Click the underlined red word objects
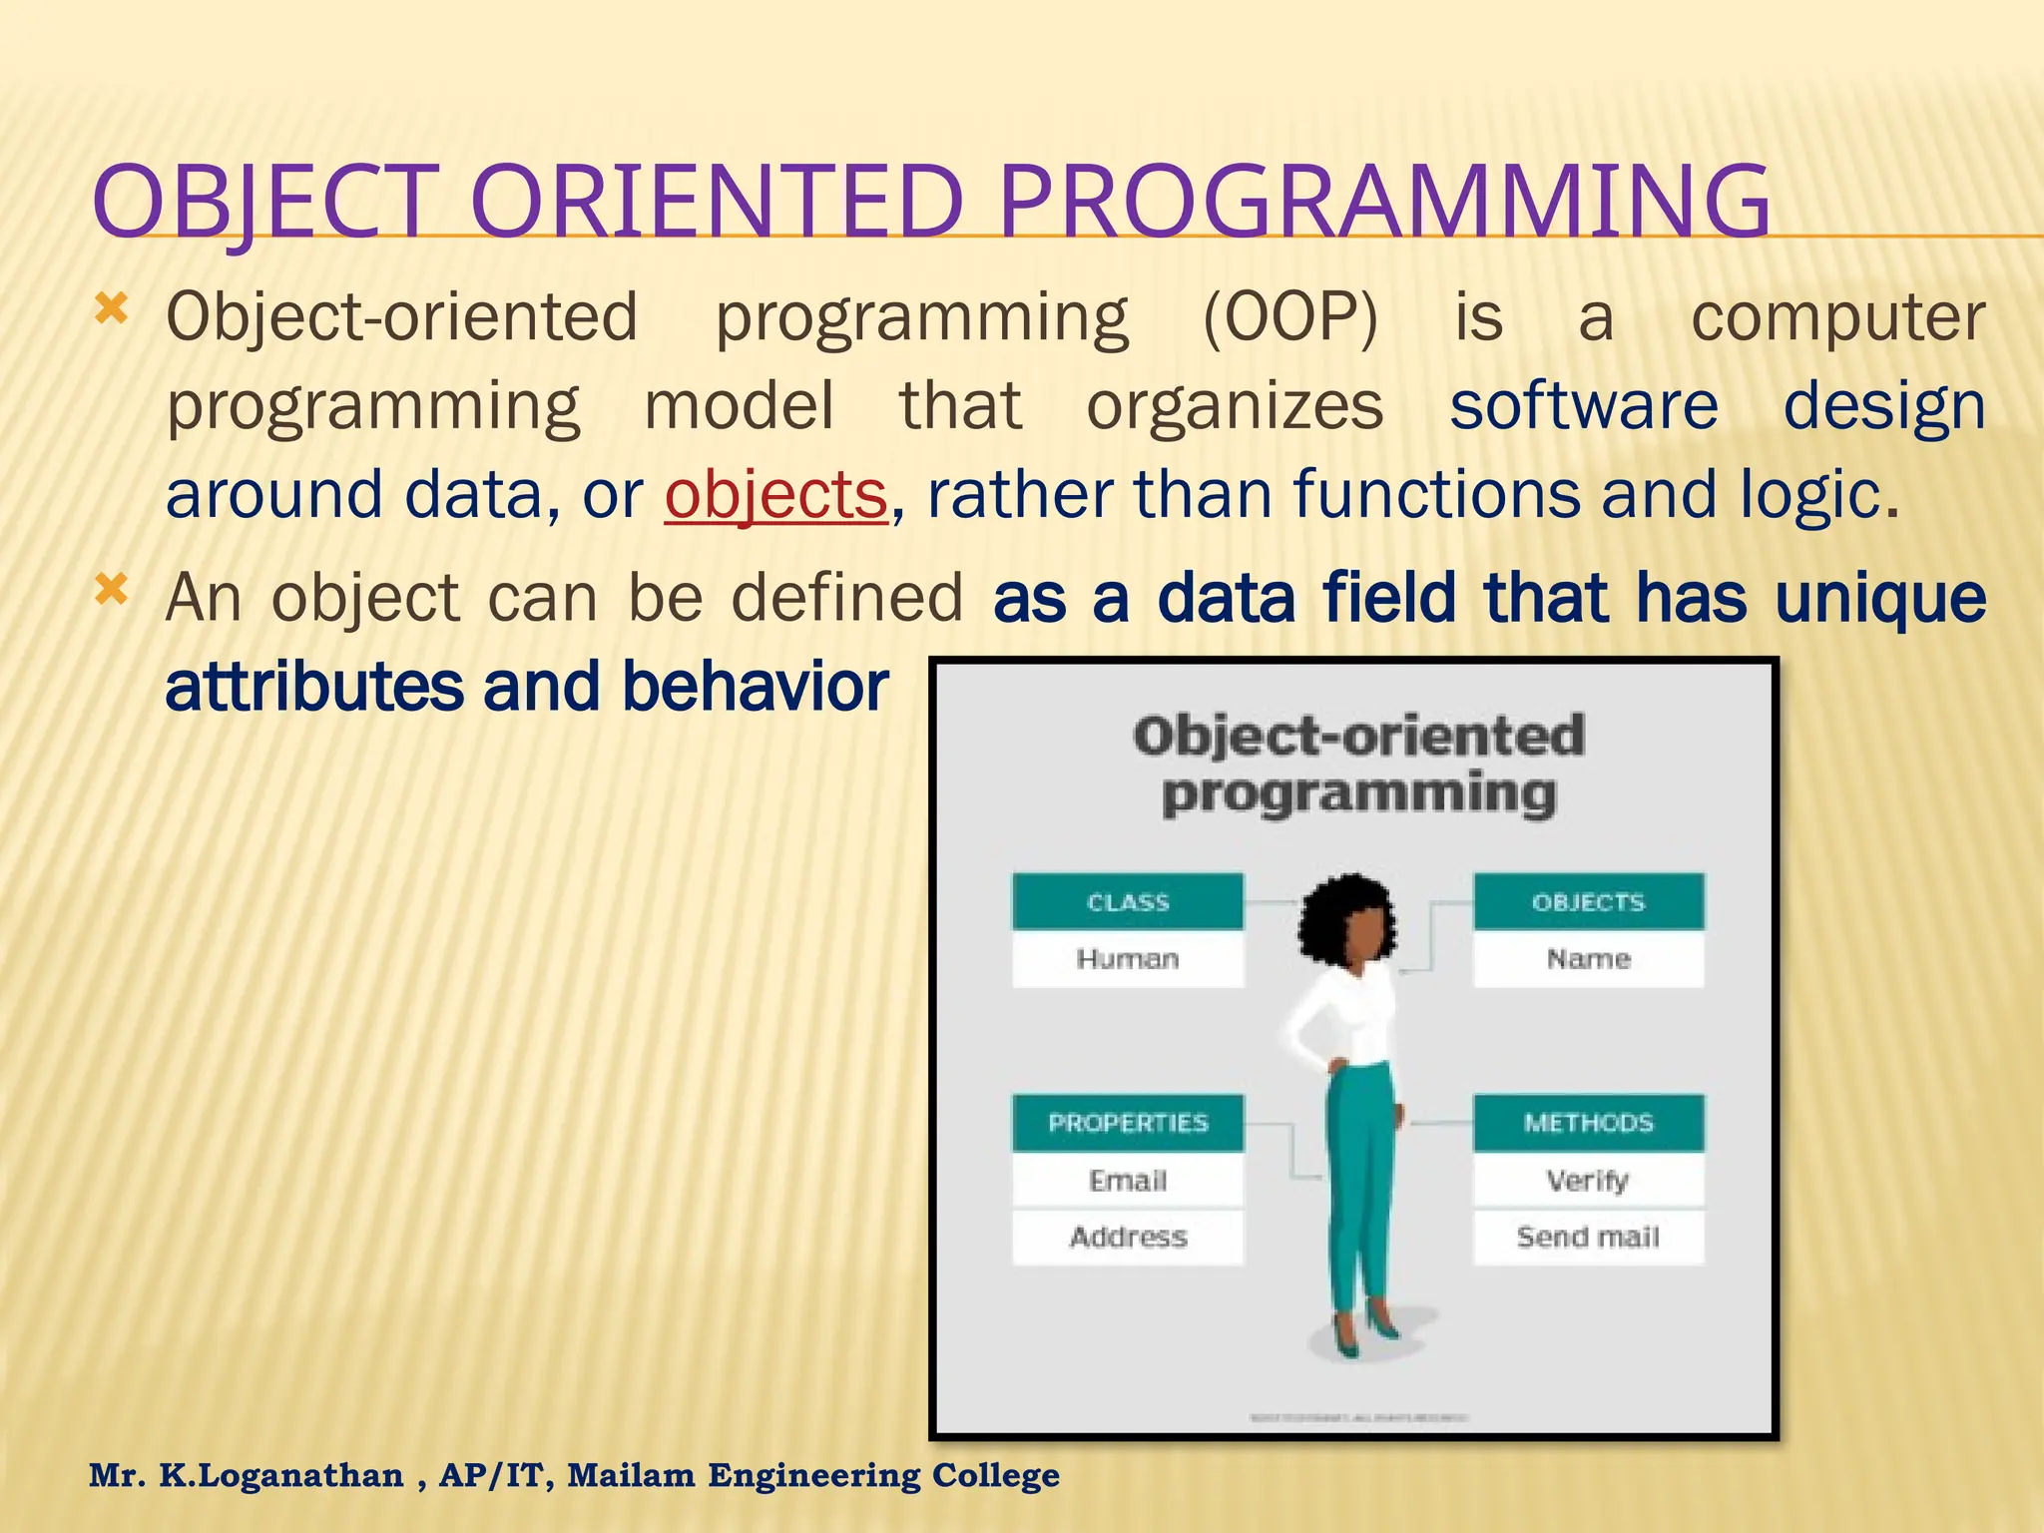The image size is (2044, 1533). click(775, 495)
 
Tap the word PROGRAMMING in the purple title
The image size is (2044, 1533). click(1383, 202)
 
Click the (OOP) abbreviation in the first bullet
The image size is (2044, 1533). click(1289, 317)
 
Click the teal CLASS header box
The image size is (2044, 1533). click(1128, 901)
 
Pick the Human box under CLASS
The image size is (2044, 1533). click(1128, 959)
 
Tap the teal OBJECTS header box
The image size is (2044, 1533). click(1588, 901)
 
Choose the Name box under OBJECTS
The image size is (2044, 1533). click(1588, 959)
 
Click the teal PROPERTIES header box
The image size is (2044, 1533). click(1128, 1123)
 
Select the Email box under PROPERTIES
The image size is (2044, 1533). click(1128, 1181)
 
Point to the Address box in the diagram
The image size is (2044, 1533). click(1128, 1238)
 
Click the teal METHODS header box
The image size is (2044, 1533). click(1588, 1123)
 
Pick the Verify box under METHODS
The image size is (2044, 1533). click(1588, 1181)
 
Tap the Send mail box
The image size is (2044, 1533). click(1588, 1238)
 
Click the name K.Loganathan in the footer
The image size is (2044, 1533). click(281, 1475)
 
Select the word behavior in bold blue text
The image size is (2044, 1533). click(755, 688)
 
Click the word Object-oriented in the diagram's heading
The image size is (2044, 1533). click(1358, 737)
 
